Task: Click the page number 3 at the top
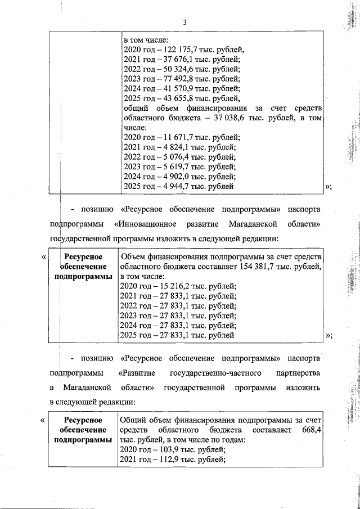pyautogui.click(x=184, y=22)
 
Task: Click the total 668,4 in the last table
pyautogui.click(x=312, y=430)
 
